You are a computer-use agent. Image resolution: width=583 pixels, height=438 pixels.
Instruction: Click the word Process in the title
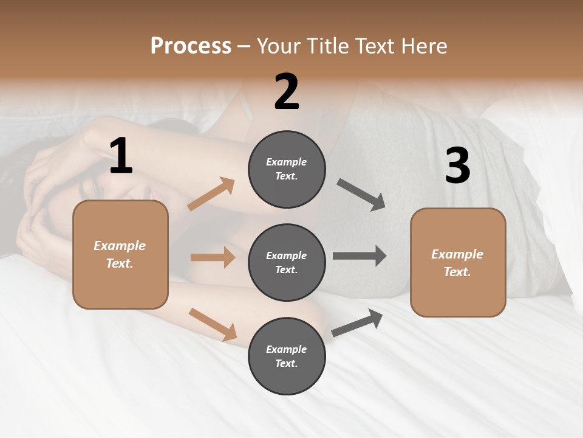[x=191, y=46]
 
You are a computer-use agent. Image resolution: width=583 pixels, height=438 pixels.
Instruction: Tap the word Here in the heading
[x=424, y=46]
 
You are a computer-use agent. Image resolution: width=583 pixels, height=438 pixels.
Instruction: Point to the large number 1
[x=121, y=156]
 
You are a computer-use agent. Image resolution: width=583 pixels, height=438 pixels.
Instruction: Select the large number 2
[x=287, y=92]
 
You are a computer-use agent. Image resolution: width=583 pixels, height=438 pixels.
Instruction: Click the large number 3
[x=457, y=166]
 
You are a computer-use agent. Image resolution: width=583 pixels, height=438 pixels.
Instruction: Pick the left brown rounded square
[x=120, y=254]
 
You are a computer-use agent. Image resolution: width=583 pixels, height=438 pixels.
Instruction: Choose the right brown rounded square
[x=458, y=263]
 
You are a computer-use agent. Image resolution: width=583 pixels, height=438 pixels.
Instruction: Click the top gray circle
[x=287, y=169]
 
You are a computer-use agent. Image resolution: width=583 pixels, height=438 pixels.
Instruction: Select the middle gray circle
[x=287, y=263]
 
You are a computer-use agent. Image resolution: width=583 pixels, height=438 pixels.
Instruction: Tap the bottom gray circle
[x=287, y=356]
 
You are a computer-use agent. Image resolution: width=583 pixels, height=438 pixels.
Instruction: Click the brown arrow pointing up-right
[x=211, y=194]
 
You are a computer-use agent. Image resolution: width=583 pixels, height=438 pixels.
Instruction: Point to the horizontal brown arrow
[x=213, y=257]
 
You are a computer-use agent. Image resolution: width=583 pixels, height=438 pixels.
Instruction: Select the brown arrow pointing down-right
[x=213, y=324]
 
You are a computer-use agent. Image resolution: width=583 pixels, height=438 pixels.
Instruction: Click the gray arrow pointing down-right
[x=361, y=195]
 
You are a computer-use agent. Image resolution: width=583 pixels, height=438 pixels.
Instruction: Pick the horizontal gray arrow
[x=360, y=256]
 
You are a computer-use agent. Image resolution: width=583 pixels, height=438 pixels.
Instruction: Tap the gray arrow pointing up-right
[x=357, y=322]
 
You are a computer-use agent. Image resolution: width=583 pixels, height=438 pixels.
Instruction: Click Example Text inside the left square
[x=120, y=254]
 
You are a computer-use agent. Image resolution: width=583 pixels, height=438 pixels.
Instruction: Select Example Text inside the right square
[x=457, y=263]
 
